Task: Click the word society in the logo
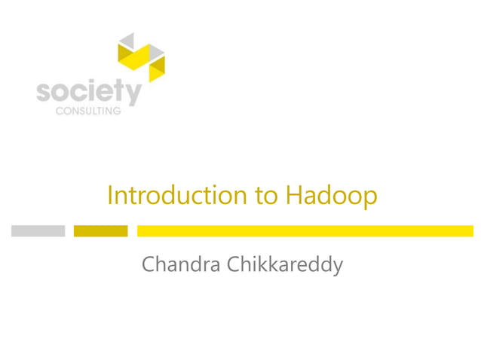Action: (x=88, y=93)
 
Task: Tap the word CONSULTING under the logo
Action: (x=88, y=111)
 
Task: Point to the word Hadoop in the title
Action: (x=331, y=196)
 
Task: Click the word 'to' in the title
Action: (x=266, y=196)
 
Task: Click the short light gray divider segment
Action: (x=38, y=230)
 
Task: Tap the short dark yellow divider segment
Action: (x=100, y=230)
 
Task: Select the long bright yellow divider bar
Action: (x=305, y=230)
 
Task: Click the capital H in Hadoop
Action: (x=293, y=195)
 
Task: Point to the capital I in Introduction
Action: (x=110, y=195)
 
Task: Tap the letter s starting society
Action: (x=44, y=93)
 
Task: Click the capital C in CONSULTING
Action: (x=60, y=111)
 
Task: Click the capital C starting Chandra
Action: (x=149, y=265)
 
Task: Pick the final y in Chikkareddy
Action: (x=337, y=268)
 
